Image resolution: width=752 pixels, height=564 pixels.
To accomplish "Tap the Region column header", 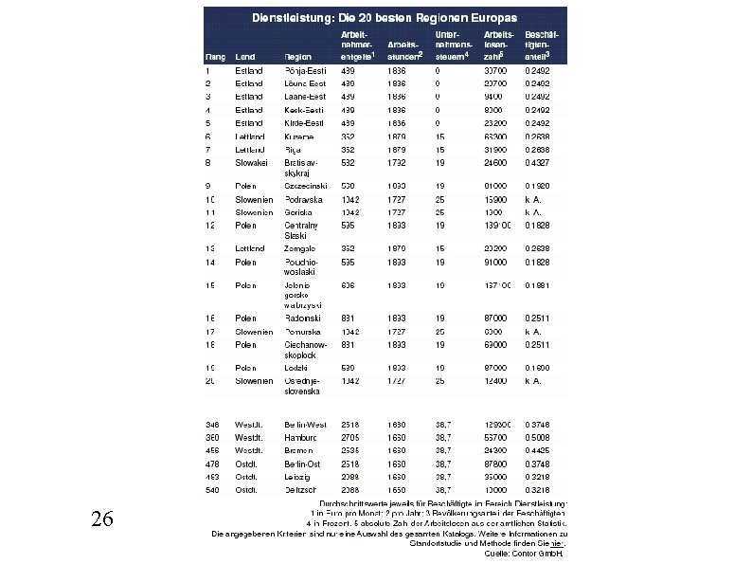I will pyautogui.click(x=298, y=57).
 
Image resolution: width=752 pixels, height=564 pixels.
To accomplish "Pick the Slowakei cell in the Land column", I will pyautogui.click(x=253, y=163).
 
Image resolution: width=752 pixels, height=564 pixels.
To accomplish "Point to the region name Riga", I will pyautogui.click(x=293, y=150).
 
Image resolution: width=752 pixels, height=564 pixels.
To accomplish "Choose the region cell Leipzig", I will pyautogui.click(x=298, y=476).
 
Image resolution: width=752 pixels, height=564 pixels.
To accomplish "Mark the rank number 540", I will pyautogui.click(x=213, y=489).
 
